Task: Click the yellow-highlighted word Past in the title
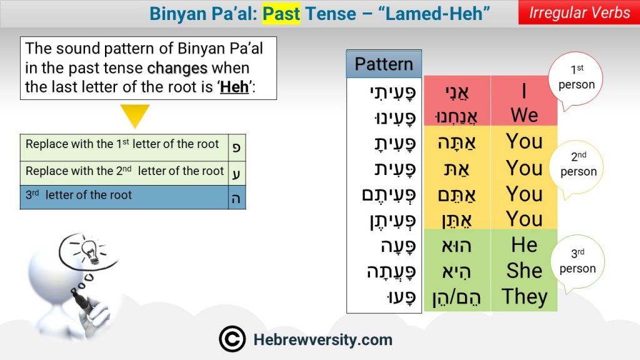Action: pos(281,14)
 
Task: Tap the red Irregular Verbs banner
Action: pos(579,12)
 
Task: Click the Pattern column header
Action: pos(384,64)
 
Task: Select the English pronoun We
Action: pos(524,115)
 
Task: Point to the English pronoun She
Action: pos(524,270)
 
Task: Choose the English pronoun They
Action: pos(524,297)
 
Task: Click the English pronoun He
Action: pos(524,245)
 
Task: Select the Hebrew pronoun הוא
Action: pos(456,246)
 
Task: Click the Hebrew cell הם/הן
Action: pos(457,297)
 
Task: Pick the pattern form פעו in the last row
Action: pos(401,297)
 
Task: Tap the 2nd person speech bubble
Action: pos(577,169)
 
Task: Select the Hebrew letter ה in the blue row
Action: pos(236,198)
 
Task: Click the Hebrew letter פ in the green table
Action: pos(236,147)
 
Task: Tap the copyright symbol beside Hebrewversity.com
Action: pos(232,339)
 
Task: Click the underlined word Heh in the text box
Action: pos(234,87)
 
